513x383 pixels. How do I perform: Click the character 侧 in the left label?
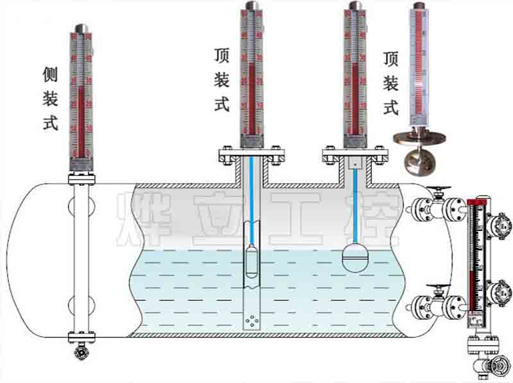[x=51, y=74]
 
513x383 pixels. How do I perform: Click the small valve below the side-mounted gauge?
[x=81, y=352]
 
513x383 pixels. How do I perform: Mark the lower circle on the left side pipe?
[x=81, y=305]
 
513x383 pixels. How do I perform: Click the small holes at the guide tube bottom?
[x=251, y=321]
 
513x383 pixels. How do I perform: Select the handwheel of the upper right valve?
[x=441, y=190]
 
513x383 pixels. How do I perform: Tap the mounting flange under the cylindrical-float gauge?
[x=251, y=155]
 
